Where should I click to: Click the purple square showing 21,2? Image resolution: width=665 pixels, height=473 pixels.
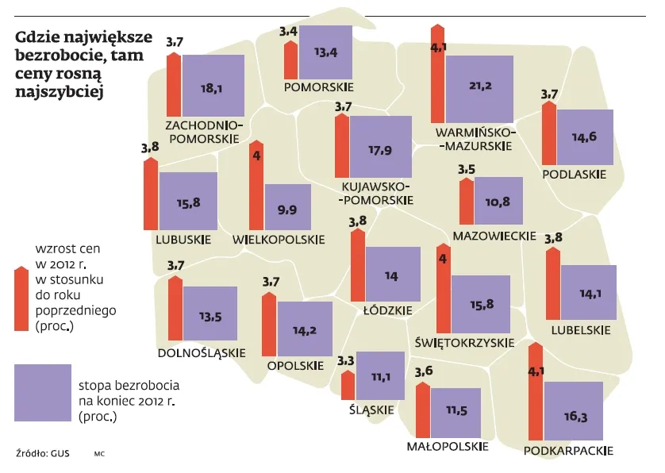(x=479, y=87)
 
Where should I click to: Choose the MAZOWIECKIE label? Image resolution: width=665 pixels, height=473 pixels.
(x=494, y=236)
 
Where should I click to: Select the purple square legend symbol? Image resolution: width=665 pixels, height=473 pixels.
(x=43, y=392)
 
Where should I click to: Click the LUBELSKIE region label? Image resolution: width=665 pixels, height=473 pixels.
(x=582, y=330)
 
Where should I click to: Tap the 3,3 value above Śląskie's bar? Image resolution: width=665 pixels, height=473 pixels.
(x=345, y=361)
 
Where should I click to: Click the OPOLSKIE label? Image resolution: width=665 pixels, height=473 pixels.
(x=295, y=366)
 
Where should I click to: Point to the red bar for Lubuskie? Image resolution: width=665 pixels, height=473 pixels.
(x=150, y=194)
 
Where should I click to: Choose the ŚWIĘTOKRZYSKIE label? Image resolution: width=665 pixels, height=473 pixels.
(x=465, y=343)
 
